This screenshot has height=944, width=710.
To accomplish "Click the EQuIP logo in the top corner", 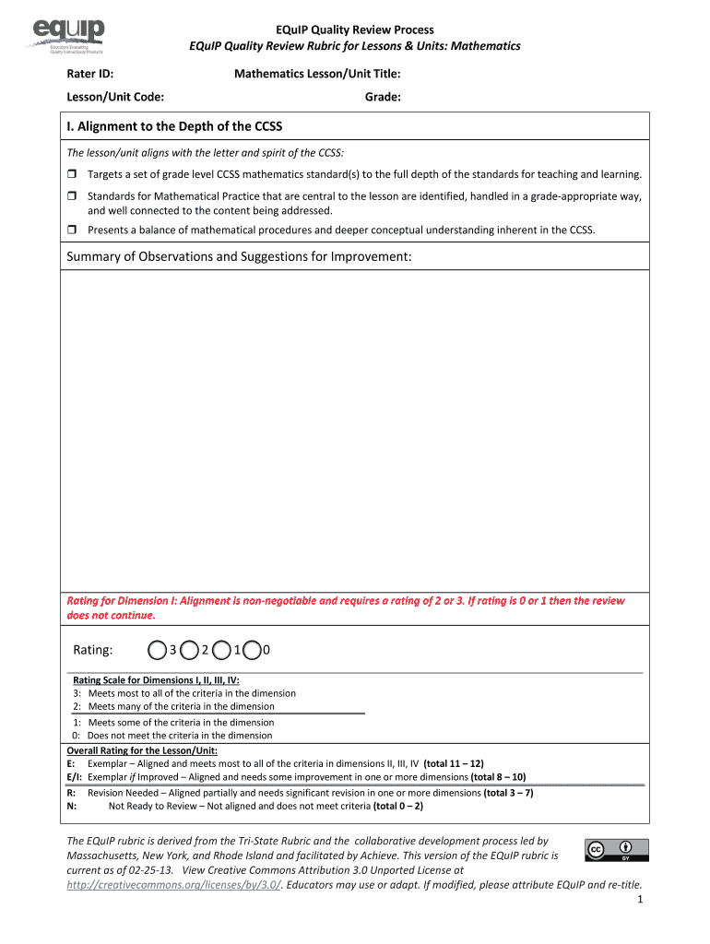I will coord(70,36).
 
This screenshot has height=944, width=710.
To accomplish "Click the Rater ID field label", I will coord(89,74).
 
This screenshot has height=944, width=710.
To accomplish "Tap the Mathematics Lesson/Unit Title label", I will coord(316,74).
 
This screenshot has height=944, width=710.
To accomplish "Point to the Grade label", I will coord(383,97).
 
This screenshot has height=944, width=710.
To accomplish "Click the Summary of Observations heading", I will coord(239,256).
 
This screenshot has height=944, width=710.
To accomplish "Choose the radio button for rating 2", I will coord(189,651).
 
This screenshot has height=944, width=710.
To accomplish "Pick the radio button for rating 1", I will coord(221,651).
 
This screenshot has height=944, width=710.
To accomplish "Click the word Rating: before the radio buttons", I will coord(92,651).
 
